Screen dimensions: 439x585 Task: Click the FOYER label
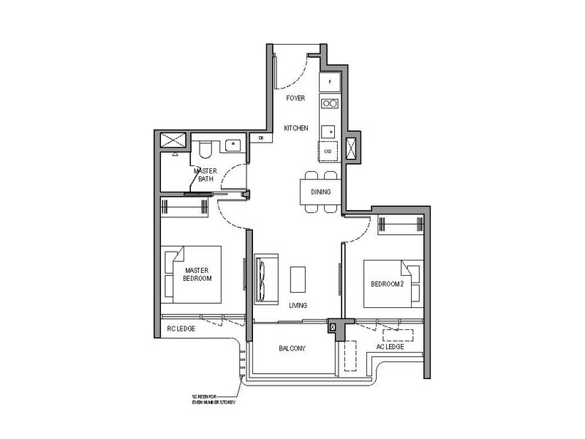coord(295,98)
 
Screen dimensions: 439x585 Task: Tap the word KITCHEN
coord(296,129)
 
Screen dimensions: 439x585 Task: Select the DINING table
coord(320,192)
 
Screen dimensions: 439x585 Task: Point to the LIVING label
coord(297,305)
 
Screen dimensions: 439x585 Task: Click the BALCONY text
coord(292,349)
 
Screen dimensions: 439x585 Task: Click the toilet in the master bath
coord(205,150)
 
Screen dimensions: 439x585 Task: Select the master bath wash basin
coord(234,143)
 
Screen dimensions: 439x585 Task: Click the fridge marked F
coord(330,83)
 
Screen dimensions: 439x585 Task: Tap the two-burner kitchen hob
coord(330,104)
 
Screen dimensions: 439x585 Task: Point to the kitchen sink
coord(330,131)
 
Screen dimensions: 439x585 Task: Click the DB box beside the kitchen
coord(260,137)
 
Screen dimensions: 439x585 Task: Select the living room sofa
coord(263,279)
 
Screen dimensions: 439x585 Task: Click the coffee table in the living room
coord(298,279)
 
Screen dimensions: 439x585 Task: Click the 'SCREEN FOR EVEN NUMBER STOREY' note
coord(211,400)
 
